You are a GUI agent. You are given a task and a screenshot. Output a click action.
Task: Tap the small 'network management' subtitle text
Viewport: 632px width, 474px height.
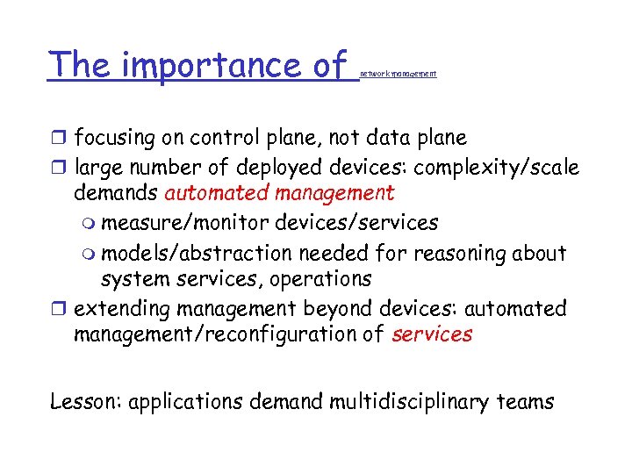(x=398, y=75)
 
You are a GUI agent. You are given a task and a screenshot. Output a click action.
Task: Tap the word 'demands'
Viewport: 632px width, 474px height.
(x=116, y=192)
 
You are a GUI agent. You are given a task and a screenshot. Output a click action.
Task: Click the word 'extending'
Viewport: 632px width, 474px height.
(x=122, y=308)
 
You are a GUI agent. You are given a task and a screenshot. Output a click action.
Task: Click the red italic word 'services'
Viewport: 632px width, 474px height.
(x=432, y=334)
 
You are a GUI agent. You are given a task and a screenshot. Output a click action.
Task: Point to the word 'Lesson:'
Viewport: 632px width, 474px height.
(x=86, y=403)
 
